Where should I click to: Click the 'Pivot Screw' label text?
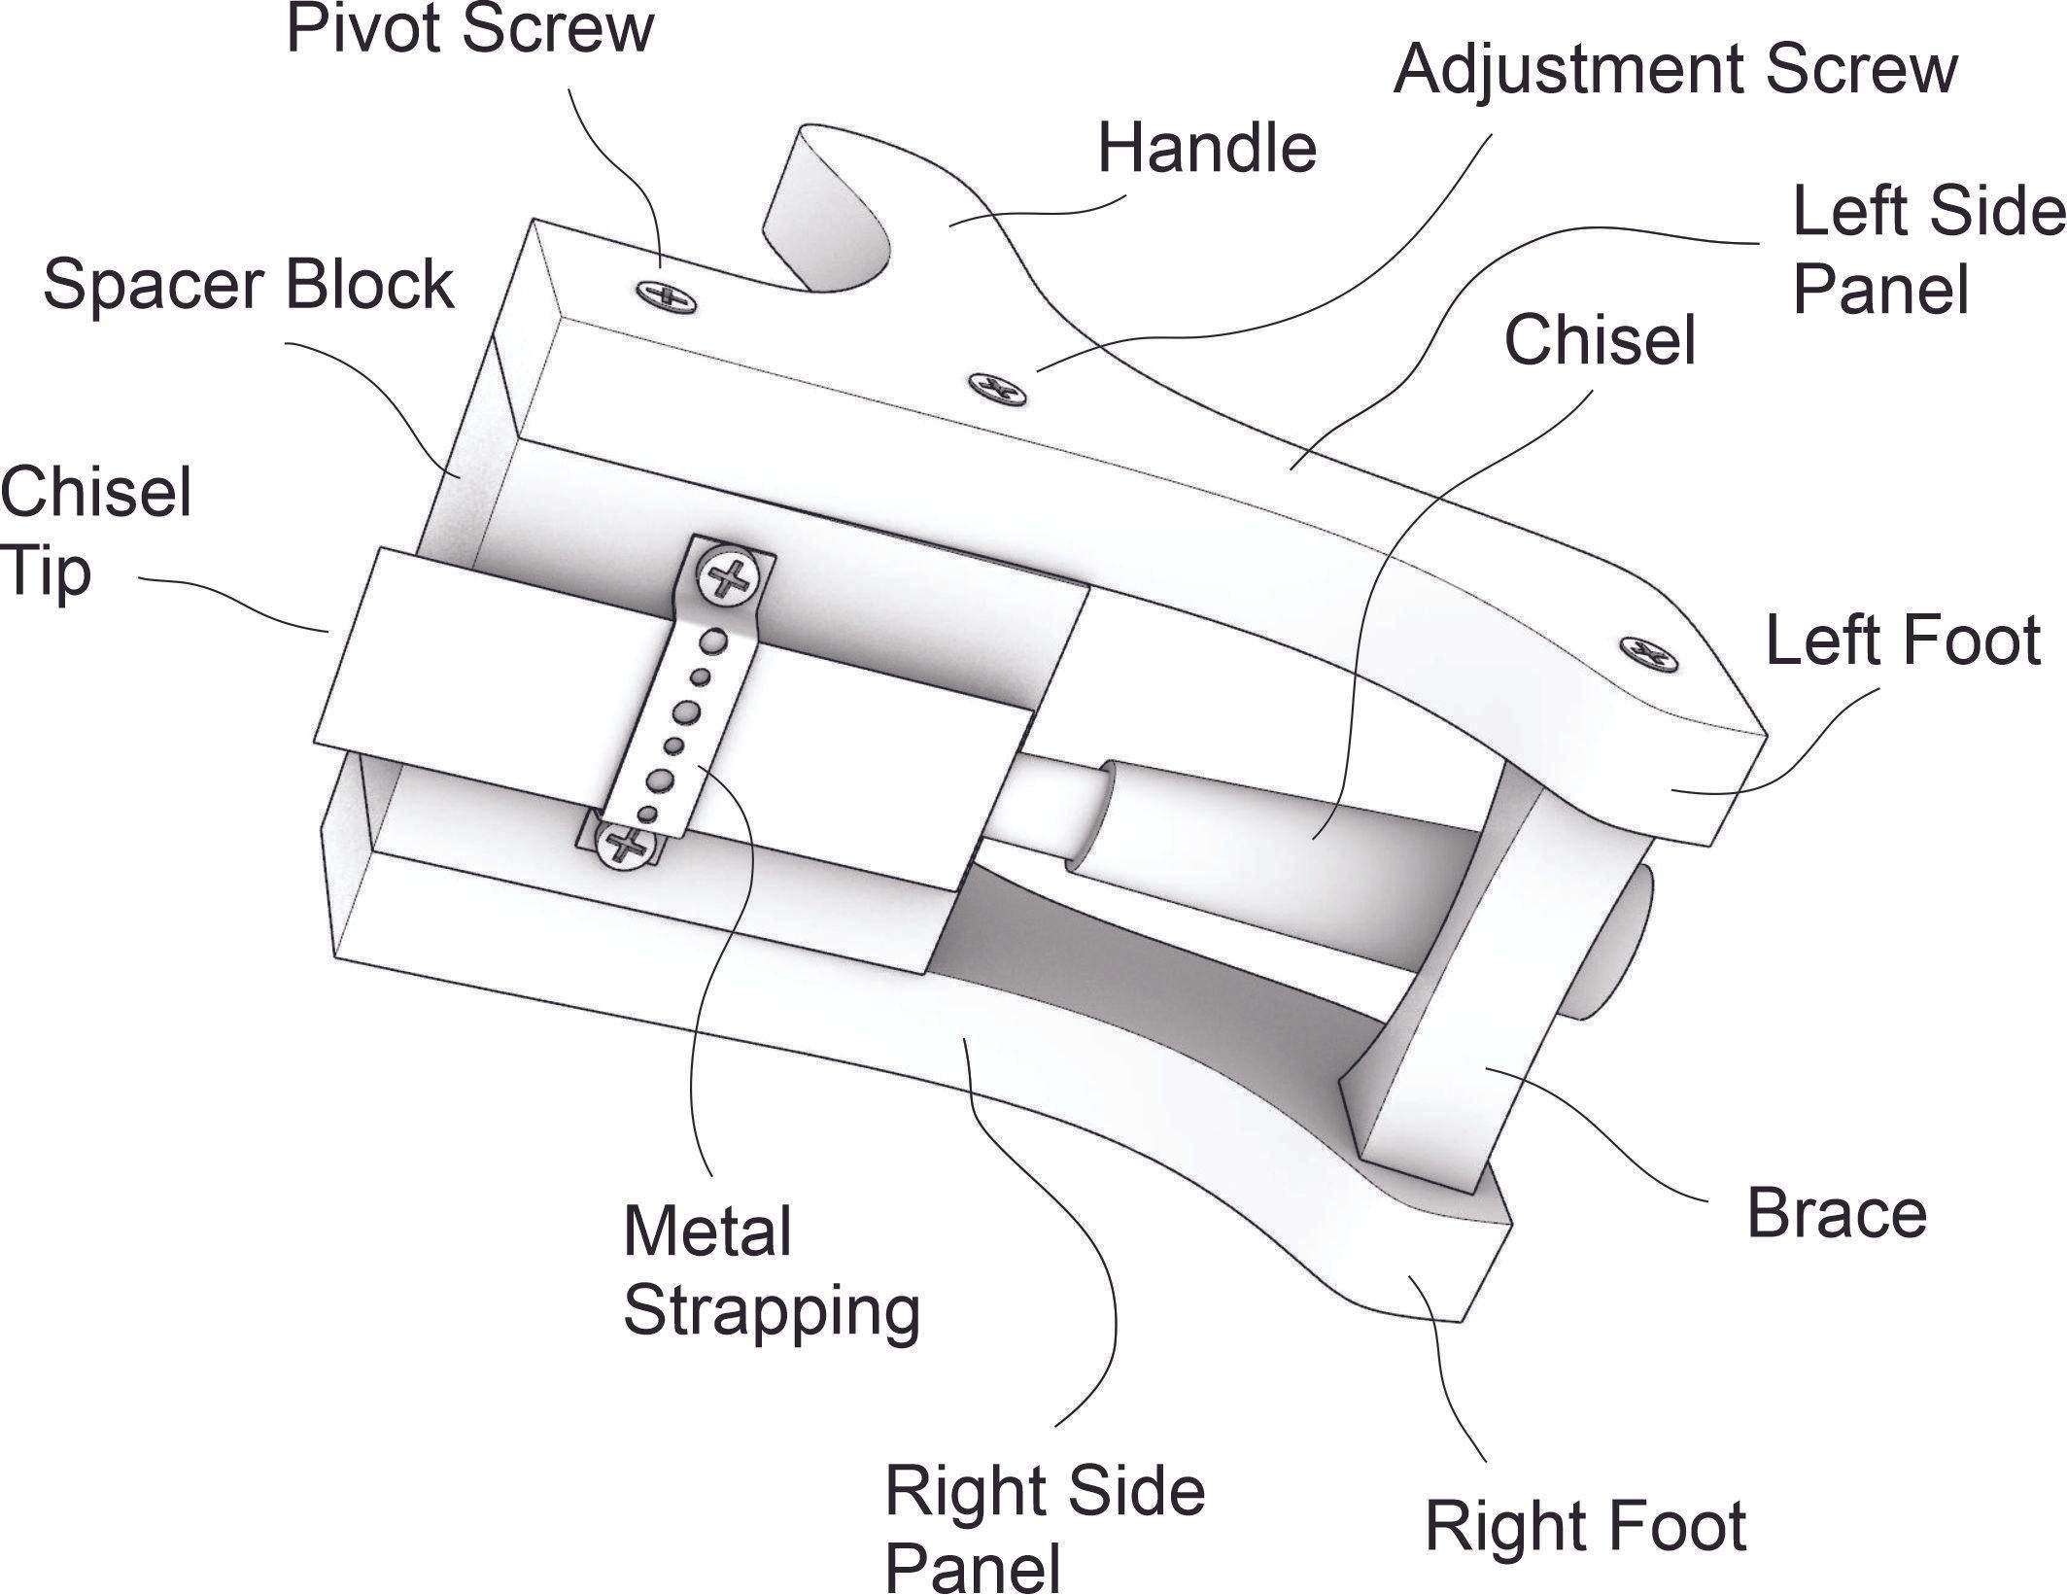click(x=469, y=29)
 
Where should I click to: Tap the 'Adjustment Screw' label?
click(x=1675, y=70)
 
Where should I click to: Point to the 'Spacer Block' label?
click(x=249, y=284)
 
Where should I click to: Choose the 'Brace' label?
click(x=1836, y=1214)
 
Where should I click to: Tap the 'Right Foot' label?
click(x=1585, y=1527)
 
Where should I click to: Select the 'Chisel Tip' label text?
click(x=95, y=531)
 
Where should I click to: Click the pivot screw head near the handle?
click(x=667, y=295)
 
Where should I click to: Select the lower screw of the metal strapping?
click(x=624, y=844)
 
